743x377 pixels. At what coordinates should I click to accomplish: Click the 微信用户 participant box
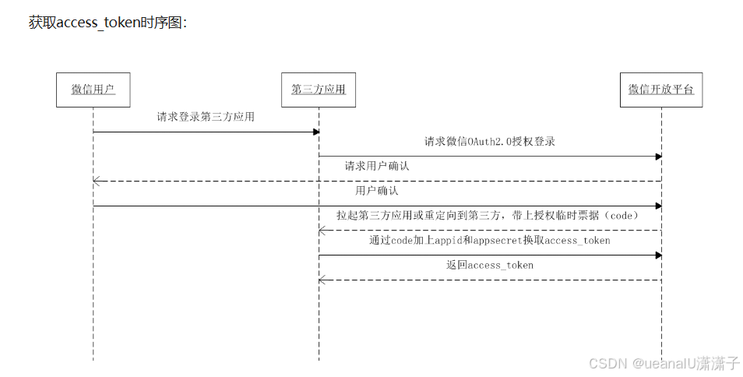click(93, 90)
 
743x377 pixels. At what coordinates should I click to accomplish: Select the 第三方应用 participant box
click(318, 90)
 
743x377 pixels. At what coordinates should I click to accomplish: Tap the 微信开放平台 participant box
click(661, 90)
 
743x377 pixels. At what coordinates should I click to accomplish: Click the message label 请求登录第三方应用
click(206, 118)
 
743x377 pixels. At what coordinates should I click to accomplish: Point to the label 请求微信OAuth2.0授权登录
click(490, 142)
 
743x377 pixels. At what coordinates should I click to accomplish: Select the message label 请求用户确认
click(378, 166)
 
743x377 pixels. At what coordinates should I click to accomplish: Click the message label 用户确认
click(377, 191)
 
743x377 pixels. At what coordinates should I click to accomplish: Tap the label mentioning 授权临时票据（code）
click(488, 216)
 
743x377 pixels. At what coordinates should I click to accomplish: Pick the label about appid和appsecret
click(489, 241)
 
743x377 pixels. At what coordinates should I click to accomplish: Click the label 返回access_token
click(490, 266)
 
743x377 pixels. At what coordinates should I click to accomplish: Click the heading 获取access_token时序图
click(107, 23)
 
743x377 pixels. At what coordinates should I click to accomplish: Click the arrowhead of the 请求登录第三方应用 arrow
click(315, 132)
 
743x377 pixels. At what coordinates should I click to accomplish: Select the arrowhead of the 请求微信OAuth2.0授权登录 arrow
click(658, 157)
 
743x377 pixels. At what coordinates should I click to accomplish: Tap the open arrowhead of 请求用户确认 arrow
click(97, 181)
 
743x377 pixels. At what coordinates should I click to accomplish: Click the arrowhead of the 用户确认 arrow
click(658, 206)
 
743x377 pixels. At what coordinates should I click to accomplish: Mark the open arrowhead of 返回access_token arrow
click(322, 280)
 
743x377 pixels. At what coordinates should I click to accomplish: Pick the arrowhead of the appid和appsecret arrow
click(658, 255)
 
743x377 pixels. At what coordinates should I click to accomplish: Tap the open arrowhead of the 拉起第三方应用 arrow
click(322, 230)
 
